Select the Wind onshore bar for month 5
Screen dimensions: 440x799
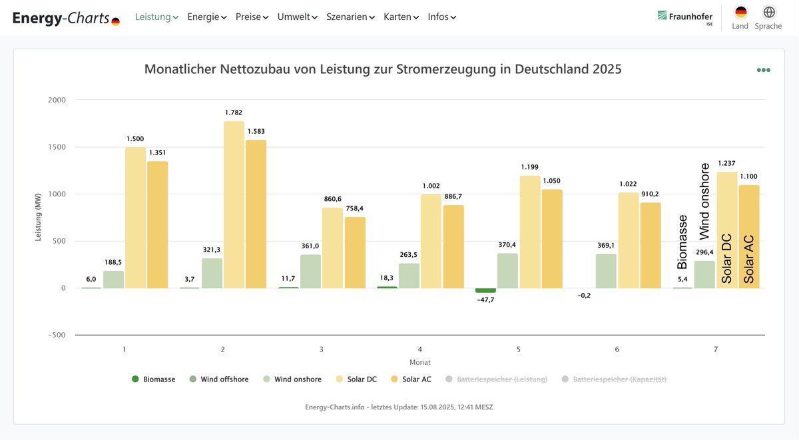pos(507,270)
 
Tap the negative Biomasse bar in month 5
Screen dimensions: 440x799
pos(485,291)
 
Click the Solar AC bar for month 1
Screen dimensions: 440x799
pos(158,224)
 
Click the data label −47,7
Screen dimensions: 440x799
pos(485,300)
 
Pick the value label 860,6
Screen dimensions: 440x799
pos(332,199)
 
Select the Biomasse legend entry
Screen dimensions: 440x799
pos(154,379)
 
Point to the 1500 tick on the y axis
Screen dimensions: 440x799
pos(57,147)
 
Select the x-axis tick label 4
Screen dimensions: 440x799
pos(419,349)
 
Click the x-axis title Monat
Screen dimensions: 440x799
pos(419,363)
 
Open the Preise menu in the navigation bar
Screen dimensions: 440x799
pos(252,17)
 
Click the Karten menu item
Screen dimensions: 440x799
pos(401,17)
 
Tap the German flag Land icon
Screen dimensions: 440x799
pos(740,13)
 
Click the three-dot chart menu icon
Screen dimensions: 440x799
pos(763,70)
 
